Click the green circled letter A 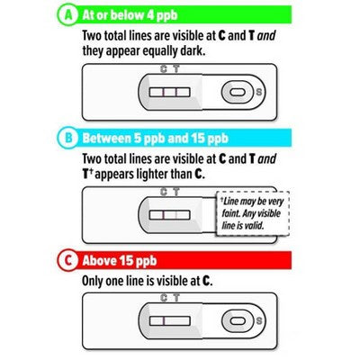68,15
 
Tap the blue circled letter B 68,138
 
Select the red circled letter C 68,260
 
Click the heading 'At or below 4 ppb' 130,15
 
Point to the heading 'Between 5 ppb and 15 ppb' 156,138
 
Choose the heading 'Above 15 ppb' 120,260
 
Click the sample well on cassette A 238,92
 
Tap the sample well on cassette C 238,320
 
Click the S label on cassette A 258,92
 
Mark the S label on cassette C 258,320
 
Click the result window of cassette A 169,92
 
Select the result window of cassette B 169,215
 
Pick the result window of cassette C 169,320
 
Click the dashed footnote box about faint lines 253,213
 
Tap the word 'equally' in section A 160,51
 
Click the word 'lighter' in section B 152,174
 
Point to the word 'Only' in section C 93,281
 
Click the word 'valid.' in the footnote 254,225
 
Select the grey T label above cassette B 176,192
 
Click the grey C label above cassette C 164,298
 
